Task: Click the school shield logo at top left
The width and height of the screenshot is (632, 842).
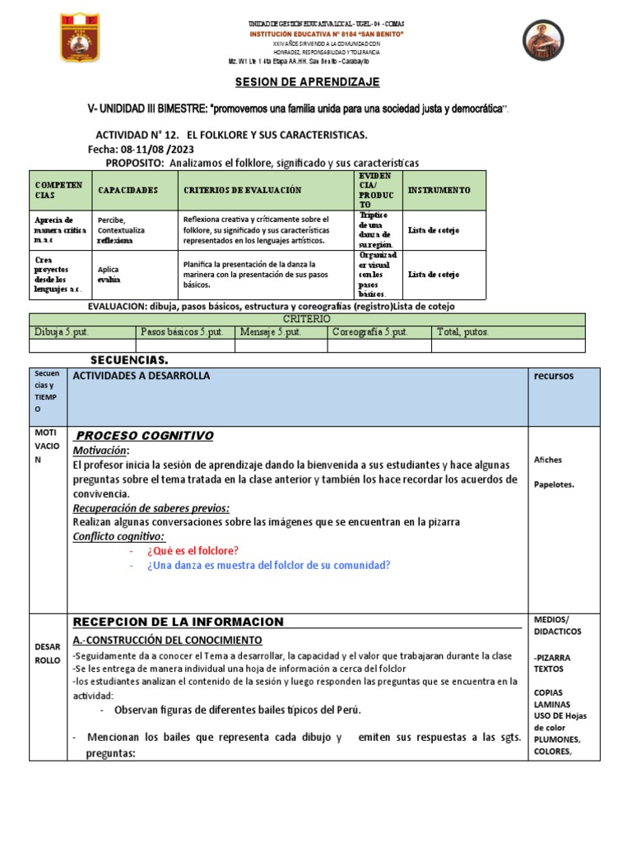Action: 80,38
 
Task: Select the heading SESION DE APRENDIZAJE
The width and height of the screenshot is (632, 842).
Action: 296,82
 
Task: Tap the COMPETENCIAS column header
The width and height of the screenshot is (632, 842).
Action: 58,190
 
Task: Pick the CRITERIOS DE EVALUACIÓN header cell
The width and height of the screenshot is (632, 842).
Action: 242,190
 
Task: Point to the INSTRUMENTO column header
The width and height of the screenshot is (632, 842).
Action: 439,190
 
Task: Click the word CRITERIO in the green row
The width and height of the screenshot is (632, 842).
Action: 307,318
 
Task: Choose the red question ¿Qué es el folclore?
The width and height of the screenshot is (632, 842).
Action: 193,550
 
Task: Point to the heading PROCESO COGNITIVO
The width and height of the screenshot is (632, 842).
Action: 144,436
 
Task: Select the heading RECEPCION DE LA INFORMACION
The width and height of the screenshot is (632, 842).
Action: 179,622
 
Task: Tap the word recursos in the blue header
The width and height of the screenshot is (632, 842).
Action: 554,376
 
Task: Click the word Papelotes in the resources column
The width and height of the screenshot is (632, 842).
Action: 554,484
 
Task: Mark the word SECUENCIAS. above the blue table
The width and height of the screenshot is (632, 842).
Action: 129,360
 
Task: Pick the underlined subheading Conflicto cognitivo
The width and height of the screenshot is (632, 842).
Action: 118,535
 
